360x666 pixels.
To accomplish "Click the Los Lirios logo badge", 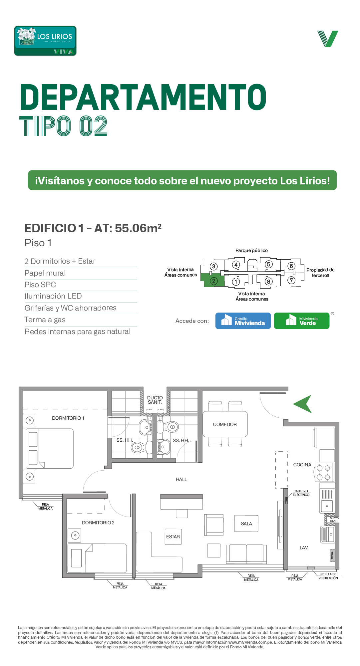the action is [45, 41].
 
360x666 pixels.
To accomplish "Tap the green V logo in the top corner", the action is [328, 39].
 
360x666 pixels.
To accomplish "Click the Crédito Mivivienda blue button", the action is [243, 321].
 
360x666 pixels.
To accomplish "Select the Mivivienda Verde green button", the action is [302, 321].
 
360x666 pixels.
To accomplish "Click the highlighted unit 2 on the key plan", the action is [212, 281].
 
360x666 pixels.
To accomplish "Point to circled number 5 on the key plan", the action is [269, 264].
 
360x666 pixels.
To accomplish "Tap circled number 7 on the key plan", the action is [291, 280].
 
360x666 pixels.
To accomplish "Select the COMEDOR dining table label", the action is [225, 424].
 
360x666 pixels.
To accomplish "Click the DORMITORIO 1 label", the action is [68, 418].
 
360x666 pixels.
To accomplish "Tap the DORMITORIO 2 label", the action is [98, 523].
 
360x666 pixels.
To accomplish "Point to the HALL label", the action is [181, 479].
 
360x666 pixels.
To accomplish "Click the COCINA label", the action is [302, 465].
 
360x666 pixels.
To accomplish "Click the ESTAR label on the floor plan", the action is [173, 537].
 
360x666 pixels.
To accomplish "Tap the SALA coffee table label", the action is [246, 524].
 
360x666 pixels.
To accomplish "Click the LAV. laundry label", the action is [304, 548].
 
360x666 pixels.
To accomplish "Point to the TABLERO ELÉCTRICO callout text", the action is [301, 493].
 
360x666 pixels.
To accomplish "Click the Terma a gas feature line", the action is [45, 320].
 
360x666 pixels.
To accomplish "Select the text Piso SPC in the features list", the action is [40, 285].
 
